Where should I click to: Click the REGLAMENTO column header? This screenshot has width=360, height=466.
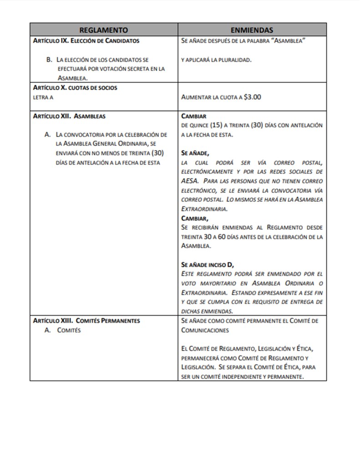[103, 30]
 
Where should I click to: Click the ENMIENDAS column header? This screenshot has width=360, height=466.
[252, 30]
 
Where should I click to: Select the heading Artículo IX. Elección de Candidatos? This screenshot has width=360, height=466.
[86, 41]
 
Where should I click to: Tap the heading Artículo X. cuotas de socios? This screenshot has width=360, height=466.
[75, 87]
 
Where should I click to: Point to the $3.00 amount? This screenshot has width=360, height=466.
[253, 97]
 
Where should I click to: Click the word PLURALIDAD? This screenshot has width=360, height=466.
[235, 60]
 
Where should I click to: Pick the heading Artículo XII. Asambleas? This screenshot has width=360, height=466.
[69, 116]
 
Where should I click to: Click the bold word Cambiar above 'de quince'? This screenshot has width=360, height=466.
[194, 116]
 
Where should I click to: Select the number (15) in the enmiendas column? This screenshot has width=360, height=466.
[217, 125]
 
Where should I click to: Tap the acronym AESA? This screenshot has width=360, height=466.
[189, 181]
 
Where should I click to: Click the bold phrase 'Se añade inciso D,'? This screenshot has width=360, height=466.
[208, 265]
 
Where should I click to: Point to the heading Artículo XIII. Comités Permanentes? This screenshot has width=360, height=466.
[86, 320]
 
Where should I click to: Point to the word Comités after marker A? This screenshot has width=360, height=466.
[69, 330]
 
